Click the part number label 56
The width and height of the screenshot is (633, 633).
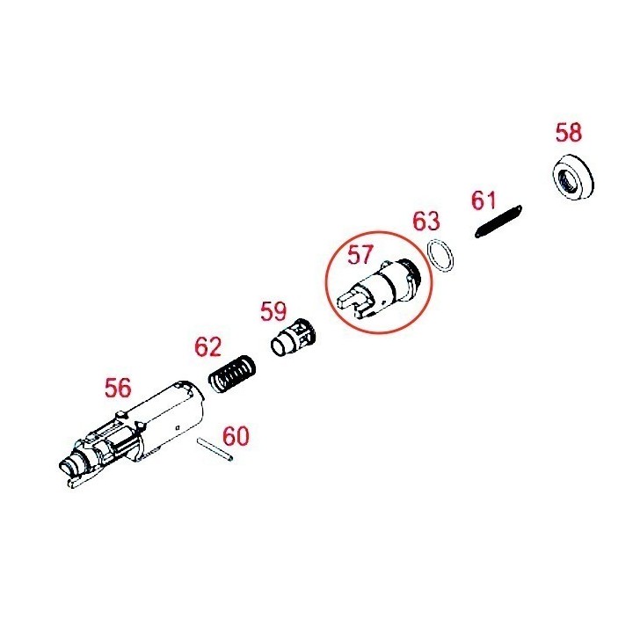(x=118, y=388)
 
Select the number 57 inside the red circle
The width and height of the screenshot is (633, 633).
(x=360, y=254)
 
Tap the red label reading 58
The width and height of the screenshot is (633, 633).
(x=569, y=133)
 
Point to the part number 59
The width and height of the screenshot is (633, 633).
(x=273, y=311)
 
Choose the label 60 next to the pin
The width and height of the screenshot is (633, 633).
(x=236, y=436)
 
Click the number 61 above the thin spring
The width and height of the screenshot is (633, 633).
(x=484, y=200)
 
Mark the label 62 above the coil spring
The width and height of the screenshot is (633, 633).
(x=207, y=346)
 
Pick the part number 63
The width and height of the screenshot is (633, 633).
(x=426, y=221)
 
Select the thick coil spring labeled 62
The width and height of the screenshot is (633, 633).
(x=232, y=375)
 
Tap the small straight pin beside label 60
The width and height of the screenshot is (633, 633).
(x=215, y=449)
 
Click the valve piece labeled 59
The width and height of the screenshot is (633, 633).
(x=293, y=338)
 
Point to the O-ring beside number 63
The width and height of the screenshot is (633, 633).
(x=440, y=256)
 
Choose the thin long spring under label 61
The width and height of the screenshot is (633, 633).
(x=498, y=222)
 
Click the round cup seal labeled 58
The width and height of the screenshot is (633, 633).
(x=572, y=178)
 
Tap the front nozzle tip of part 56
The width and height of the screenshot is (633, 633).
(x=69, y=469)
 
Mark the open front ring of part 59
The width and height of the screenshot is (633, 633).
(x=279, y=347)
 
